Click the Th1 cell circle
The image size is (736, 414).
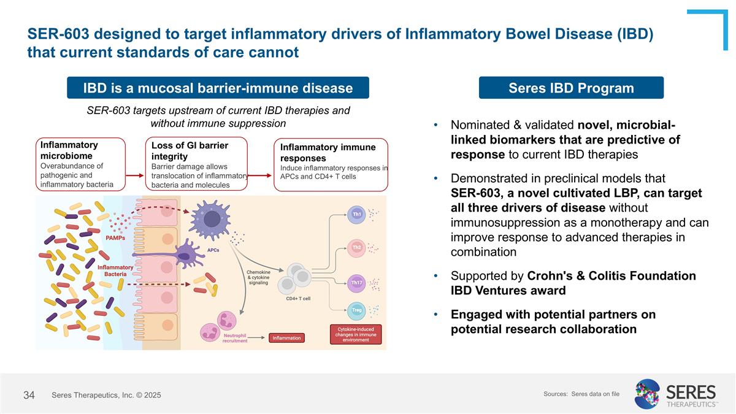(356, 214)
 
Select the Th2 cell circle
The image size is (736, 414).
(356, 247)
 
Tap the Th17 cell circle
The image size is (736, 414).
(356, 282)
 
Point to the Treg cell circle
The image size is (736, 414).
(356, 310)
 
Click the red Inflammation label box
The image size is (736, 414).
(286, 338)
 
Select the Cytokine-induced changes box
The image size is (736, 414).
(356, 334)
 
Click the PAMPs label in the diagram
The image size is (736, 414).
(115, 237)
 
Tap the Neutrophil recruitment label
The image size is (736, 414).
(235, 338)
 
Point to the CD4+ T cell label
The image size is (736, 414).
(298, 299)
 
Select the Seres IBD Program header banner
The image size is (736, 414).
(571, 88)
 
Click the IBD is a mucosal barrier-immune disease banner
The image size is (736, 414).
(218, 88)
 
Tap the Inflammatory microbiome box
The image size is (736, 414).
(80, 164)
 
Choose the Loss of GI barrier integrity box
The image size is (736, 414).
(199, 164)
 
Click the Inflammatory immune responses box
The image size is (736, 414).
(331, 164)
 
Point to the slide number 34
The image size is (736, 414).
(29, 395)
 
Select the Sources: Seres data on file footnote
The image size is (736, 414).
(581, 394)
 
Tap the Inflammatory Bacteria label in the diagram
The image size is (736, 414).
(115, 270)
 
